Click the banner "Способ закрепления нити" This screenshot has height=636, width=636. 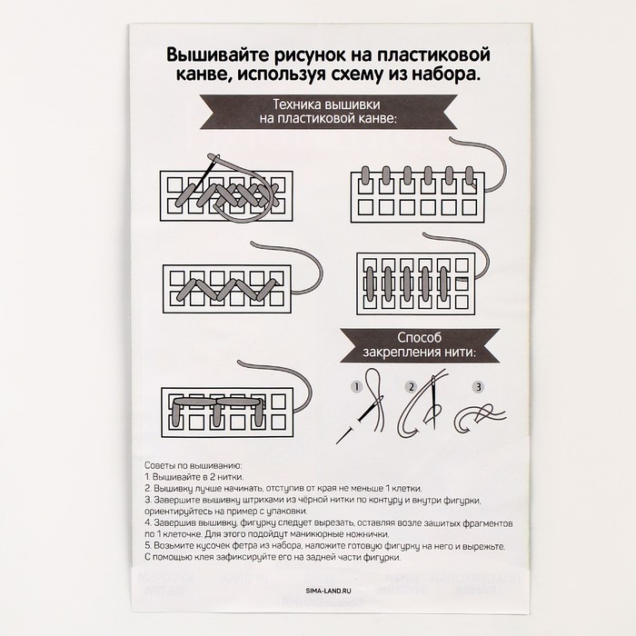[x=412, y=343]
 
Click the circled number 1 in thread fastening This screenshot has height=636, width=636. [x=356, y=386]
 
